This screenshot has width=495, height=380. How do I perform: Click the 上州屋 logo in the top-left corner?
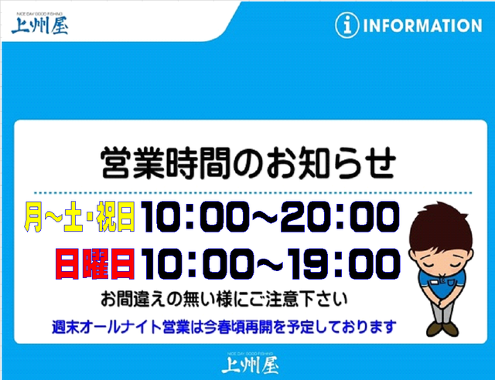39,24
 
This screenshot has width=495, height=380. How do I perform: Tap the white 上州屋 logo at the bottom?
250,363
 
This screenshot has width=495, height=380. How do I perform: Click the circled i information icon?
347,25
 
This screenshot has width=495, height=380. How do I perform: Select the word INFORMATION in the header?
422,25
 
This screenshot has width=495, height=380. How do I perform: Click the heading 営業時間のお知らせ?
248,163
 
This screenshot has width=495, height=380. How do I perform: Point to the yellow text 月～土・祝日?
80,217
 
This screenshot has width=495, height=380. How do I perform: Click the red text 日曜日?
95,263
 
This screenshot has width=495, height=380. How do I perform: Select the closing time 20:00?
340,217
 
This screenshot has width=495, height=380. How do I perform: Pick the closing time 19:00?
345,264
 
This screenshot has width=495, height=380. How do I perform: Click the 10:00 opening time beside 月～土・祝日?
193,217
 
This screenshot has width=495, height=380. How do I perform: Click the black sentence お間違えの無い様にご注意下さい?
224,299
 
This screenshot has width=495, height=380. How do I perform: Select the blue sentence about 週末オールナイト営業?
224,327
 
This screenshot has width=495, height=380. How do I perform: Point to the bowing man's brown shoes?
442,328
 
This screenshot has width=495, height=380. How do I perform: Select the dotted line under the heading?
253,192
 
